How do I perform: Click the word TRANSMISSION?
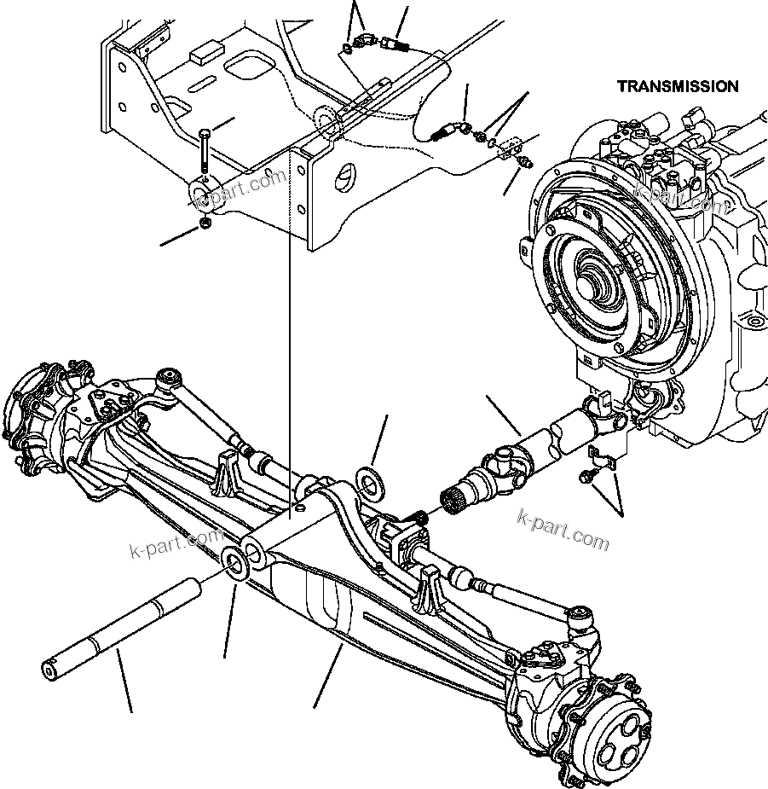[678, 86]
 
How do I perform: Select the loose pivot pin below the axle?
[118, 632]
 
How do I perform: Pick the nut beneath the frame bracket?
[205, 223]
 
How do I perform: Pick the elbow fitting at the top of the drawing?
[366, 41]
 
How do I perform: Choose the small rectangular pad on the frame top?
[203, 55]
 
